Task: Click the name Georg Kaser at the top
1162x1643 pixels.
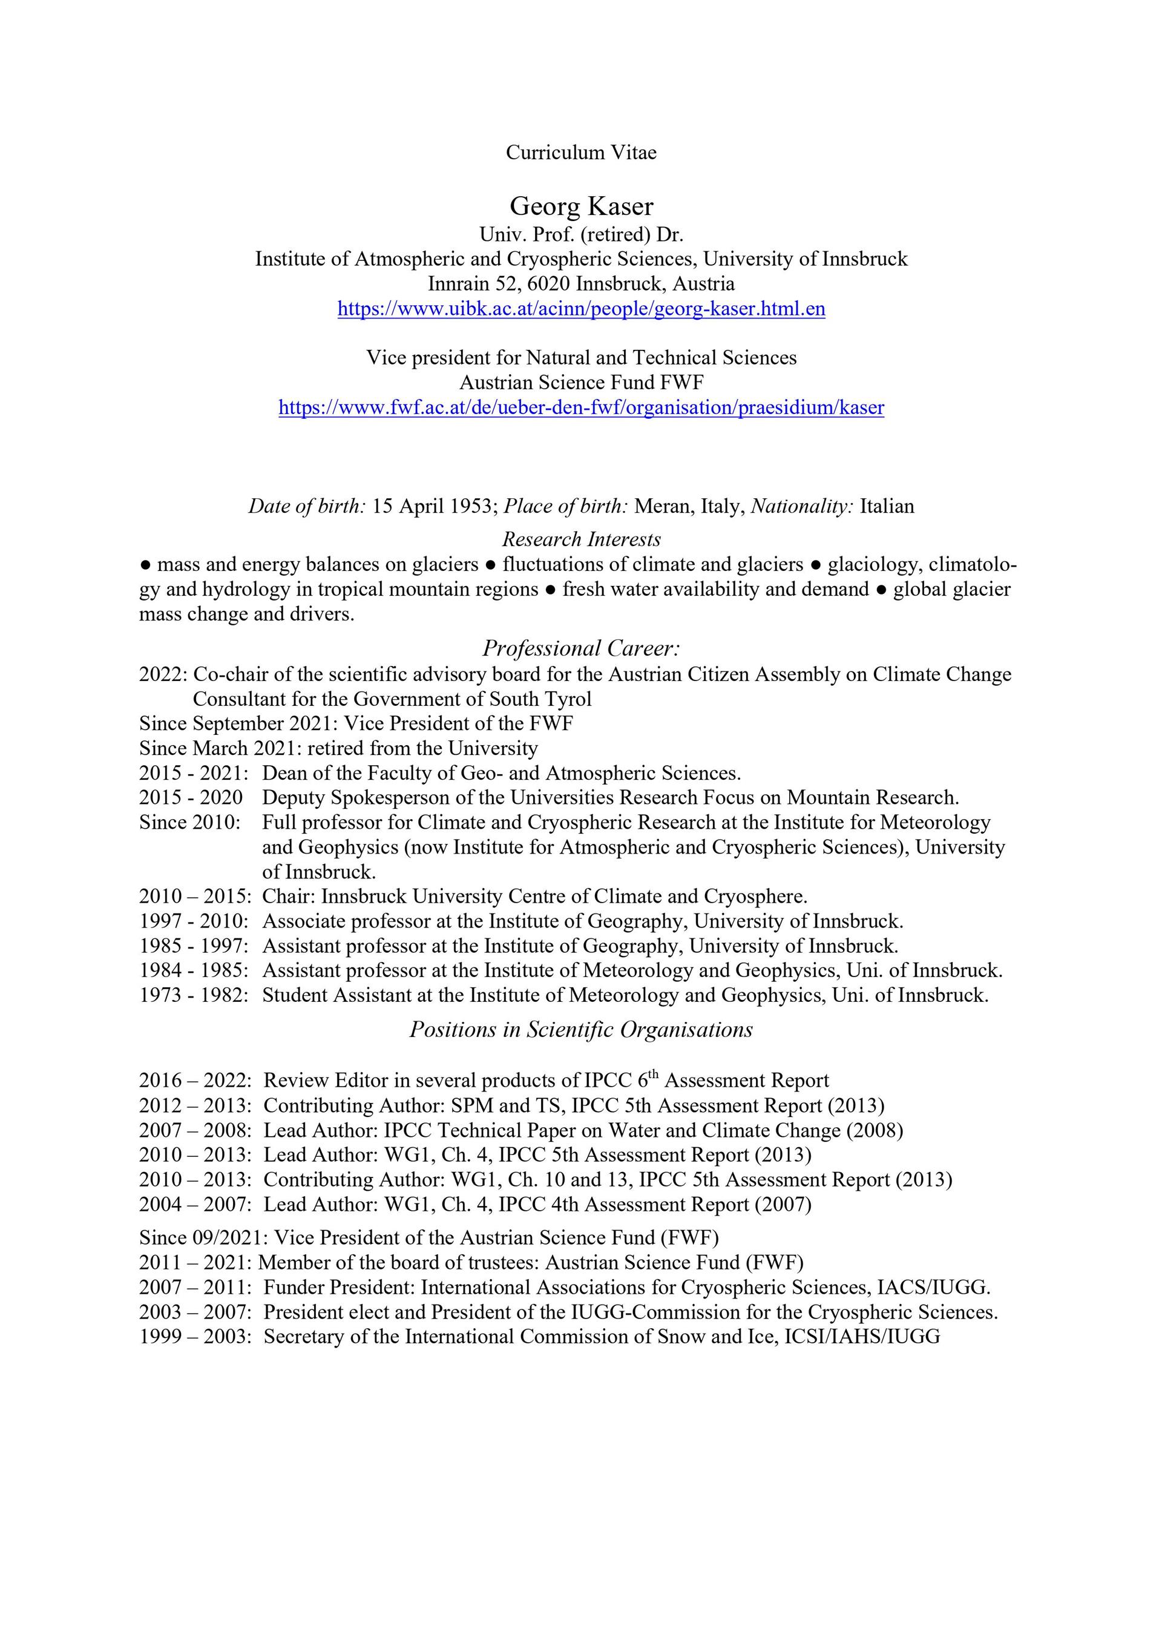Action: tap(581, 207)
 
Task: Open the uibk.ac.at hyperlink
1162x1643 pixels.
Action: tap(581, 309)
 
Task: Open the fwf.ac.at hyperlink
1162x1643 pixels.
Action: tap(581, 408)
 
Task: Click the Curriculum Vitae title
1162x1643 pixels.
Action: tap(581, 153)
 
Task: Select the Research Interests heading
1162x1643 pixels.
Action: tap(581, 539)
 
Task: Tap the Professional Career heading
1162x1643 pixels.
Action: tap(581, 648)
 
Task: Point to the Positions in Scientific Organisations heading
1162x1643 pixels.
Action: tap(581, 1030)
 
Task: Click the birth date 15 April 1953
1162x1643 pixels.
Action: tap(432, 507)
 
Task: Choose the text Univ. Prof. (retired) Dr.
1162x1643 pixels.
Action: tap(581, 235)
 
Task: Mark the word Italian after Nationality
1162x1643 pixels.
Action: tap(887, 507)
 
